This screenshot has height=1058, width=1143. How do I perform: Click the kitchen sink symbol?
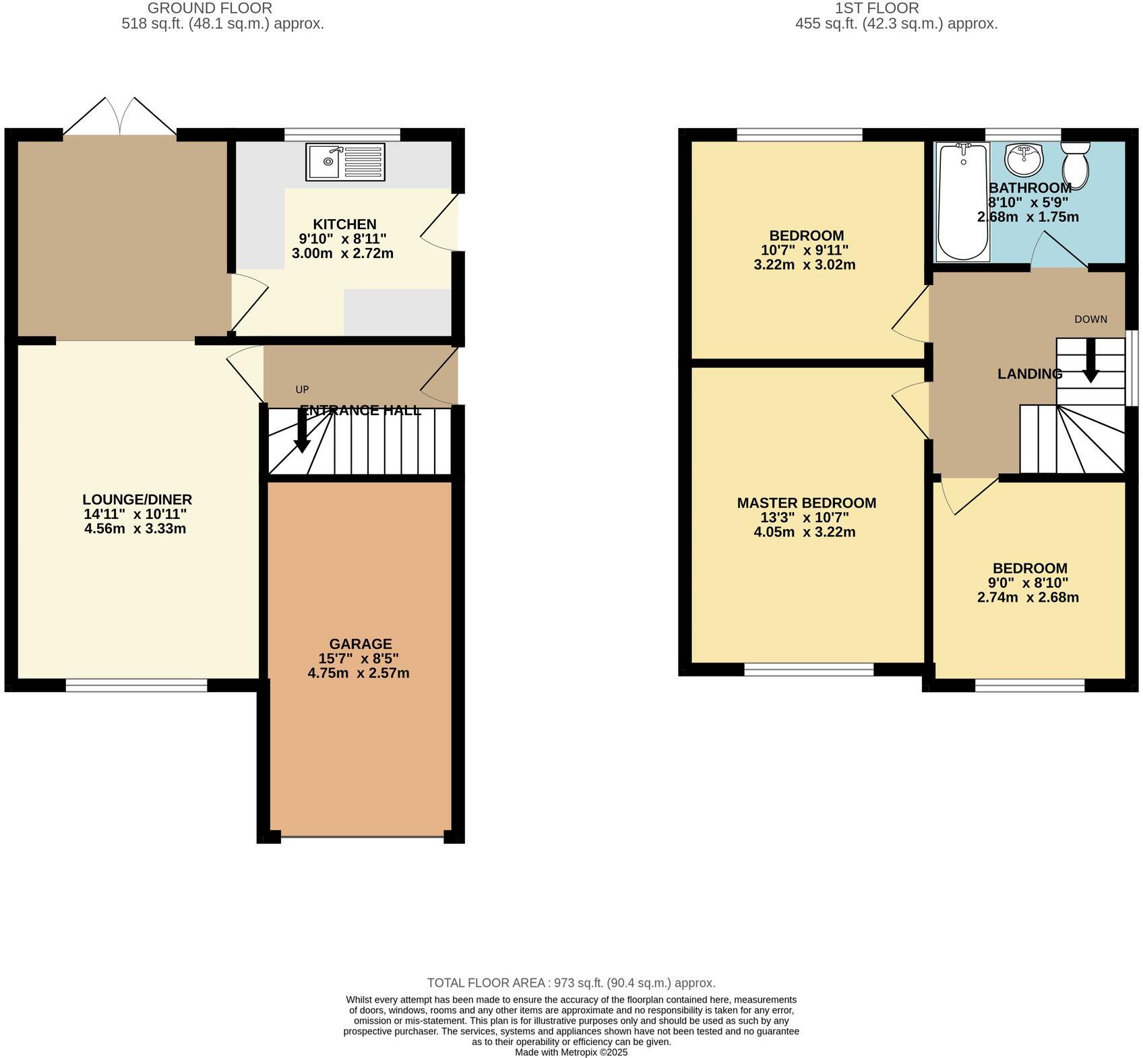(x=345, y=162)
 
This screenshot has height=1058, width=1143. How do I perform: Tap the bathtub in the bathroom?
(x=962, y=202)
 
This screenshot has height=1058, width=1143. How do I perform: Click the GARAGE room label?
(x=360, y=644)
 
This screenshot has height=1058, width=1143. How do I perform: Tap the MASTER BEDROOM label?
(x=806, y=503)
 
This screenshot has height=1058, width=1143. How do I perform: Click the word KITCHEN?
(x=344, y=224)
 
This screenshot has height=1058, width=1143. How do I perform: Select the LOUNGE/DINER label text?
(x=137, y=499)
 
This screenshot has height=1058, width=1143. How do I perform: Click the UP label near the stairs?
(x=302, y=390)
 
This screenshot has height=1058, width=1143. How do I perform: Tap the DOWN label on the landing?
(x=1090, y=319)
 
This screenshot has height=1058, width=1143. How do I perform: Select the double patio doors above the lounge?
(x=120, y=118)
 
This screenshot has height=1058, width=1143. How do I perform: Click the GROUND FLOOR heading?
(x=210, y=9)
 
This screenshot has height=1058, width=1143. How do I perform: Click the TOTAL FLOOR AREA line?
(x=571, y=983)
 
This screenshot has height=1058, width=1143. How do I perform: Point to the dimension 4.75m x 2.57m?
(x=358, y=673)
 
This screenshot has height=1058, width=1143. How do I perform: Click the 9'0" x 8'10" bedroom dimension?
(x=1028, y=583)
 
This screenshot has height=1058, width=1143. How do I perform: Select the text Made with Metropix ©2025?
(x=571, y=1052)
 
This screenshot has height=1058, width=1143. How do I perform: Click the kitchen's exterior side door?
(x=439, y=223)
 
